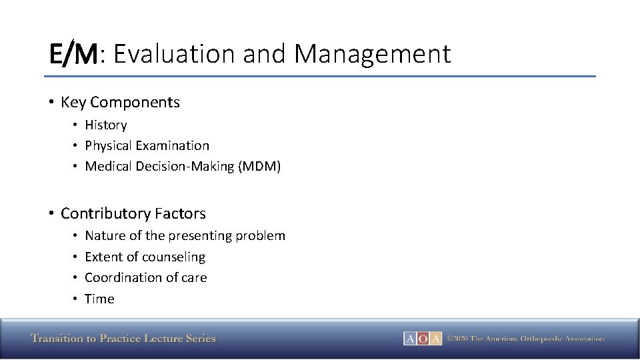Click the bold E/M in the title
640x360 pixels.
73,54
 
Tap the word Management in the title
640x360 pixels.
372,54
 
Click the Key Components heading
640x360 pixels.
120,102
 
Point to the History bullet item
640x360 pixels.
105,125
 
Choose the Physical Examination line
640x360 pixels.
147,145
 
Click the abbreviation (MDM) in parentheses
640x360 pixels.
259,166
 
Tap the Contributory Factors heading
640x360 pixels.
133,213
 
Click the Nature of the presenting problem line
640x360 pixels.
185,235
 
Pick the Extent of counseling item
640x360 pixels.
145,257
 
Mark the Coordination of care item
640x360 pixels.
145,277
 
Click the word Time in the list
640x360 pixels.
99,299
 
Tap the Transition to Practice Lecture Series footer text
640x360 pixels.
123,339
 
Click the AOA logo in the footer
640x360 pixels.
422,339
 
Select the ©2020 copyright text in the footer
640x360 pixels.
525,339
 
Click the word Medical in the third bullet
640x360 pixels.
108,166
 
